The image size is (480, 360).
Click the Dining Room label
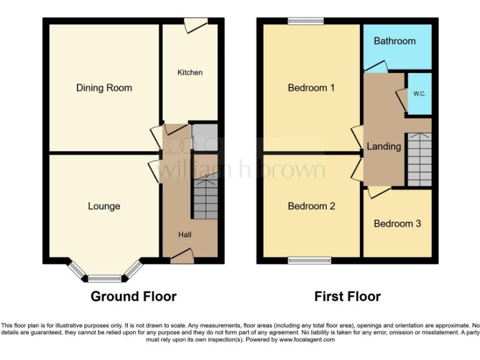[104, 88]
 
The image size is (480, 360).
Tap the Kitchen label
[190, 72]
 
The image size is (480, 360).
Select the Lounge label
[104, 206]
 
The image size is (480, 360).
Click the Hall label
[184, 235]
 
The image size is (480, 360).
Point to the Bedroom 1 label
[311, 88]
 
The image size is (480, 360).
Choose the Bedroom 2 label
[311, 206]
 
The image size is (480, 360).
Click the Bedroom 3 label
[397, 224]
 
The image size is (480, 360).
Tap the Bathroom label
[394, 41]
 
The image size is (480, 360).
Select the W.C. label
[419, 94]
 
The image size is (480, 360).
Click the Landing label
[383, 146]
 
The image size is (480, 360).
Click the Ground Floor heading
[134, 296]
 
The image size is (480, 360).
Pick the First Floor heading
[347, 296]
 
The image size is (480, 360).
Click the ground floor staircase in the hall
[204, 197]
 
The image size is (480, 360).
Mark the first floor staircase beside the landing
[419, 159]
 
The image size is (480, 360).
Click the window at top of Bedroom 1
[306, 21]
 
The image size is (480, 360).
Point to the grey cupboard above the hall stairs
[204, 137]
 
